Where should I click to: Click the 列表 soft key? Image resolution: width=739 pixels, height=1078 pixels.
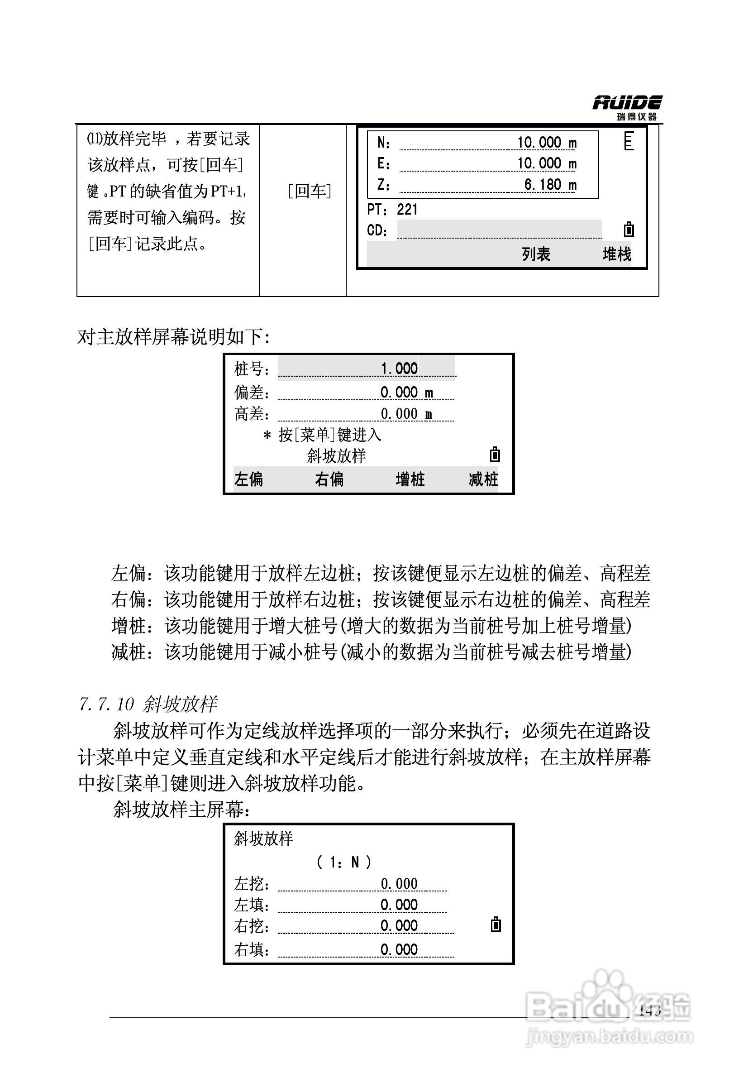[x=536, y=254]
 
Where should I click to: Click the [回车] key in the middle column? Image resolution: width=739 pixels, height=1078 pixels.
[x=309, y=191]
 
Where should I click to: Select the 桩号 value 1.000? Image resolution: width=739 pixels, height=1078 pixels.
[x=399, y=369]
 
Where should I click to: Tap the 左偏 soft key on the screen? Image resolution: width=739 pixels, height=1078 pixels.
[x=249, y=479]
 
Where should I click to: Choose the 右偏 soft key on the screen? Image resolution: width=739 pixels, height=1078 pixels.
[x=329, y=479]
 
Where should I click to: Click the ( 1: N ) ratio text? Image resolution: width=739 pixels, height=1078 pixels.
[x=343, y=862]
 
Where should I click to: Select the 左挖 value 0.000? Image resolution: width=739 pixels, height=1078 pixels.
[x=399, y=884]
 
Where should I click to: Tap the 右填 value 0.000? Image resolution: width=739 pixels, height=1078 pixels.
[x=399, y=949]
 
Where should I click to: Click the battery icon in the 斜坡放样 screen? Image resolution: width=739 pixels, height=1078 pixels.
[x=496, y=925]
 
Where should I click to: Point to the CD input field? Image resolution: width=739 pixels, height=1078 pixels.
[x=499, y=230]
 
